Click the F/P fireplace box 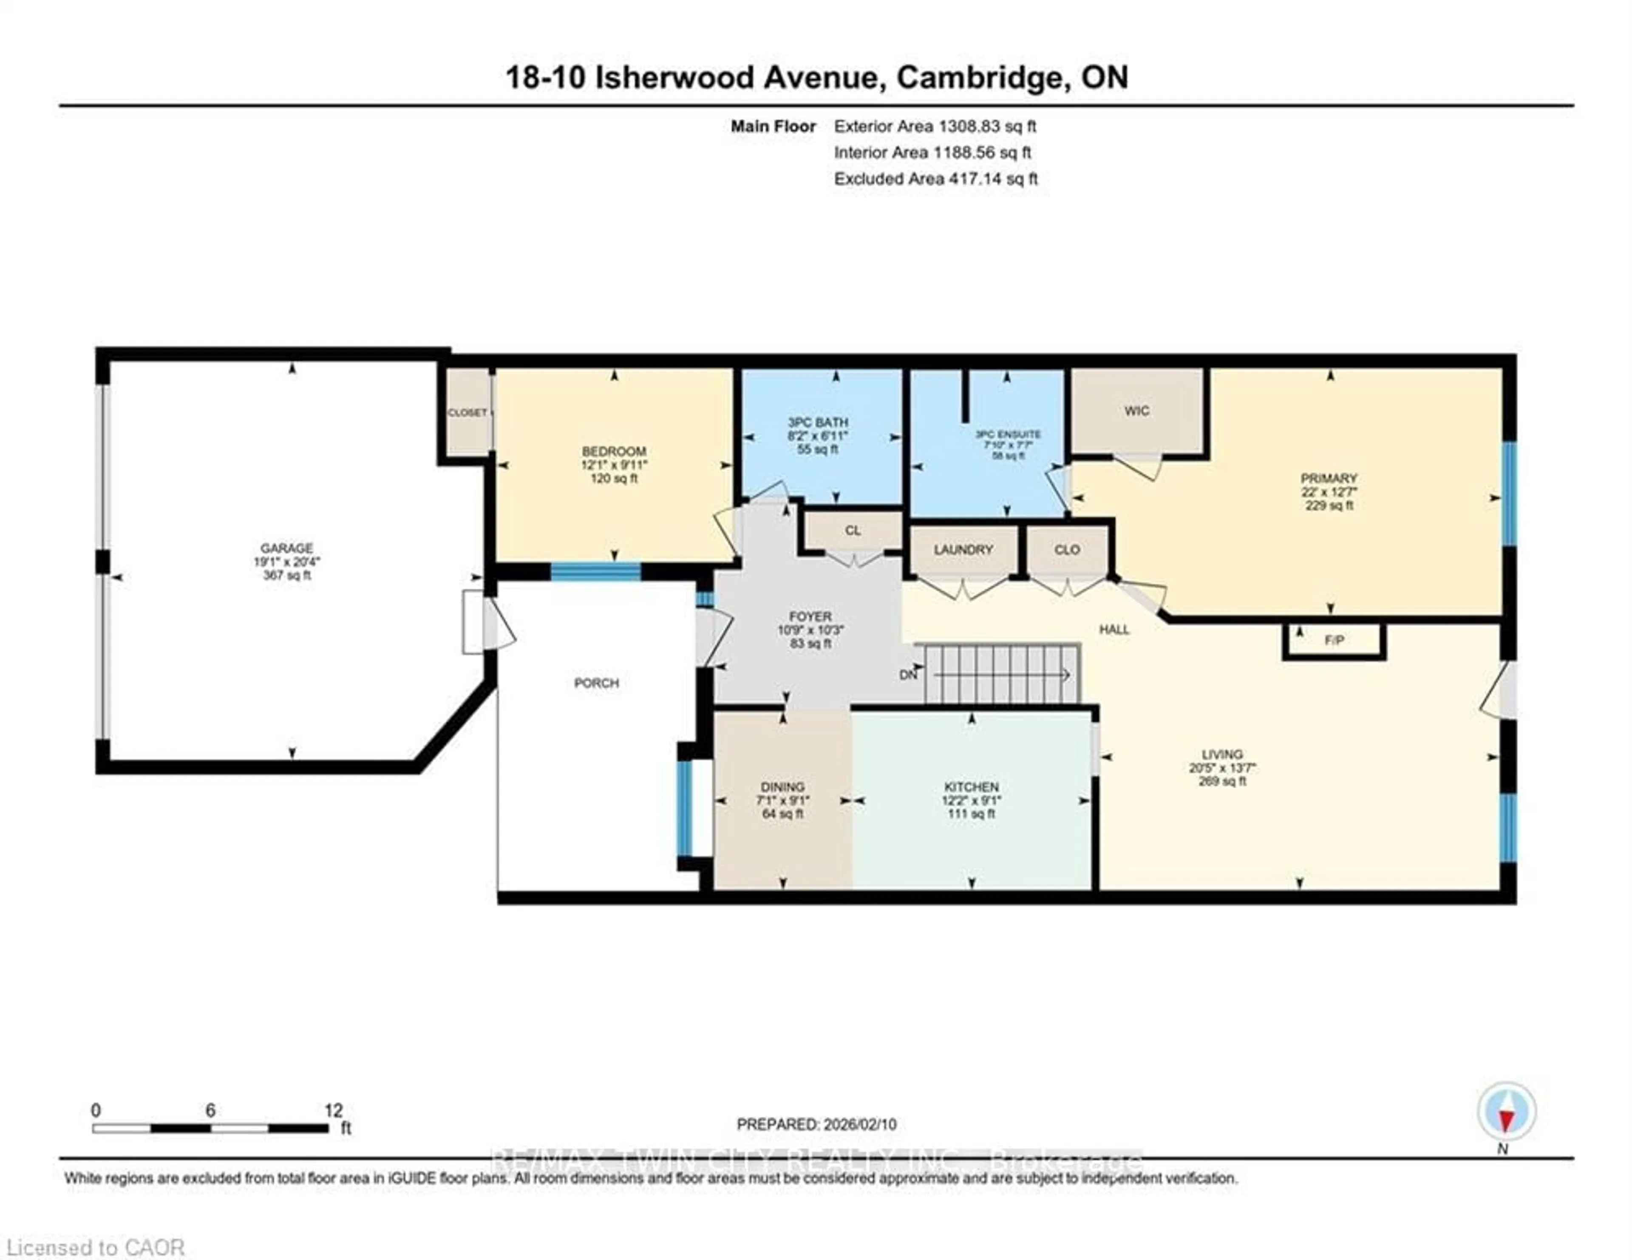click(x=1334, y=641)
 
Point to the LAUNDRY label click(x=963, y=549)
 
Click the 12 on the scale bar click(x=333, y=1110)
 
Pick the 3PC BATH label click(x=818, y=422)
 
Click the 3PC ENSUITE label click(x=1008, y=434)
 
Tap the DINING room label click(x=782, y=787)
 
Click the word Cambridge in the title click(x=980, y=77)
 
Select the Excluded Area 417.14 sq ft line click(x=935, y=179)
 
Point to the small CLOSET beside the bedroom click(x=468, y=412)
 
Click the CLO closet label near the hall click(x=1067, y=549)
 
